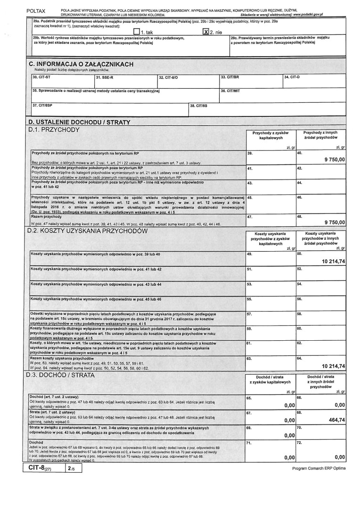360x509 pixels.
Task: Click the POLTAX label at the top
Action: point(36,10)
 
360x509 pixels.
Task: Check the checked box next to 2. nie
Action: point(205,32)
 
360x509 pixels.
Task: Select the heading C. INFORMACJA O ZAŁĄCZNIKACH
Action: point(81,64)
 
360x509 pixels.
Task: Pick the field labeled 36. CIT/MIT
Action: point(283,94)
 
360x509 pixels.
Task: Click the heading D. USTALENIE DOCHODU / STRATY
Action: point(79,123)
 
